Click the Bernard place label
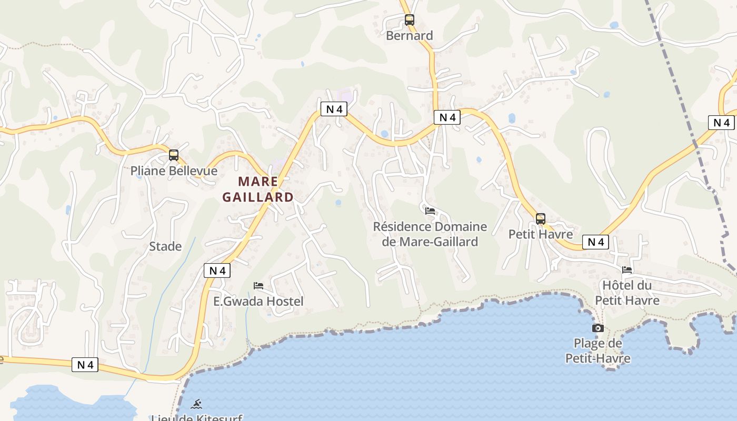410,36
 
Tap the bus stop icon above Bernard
410,20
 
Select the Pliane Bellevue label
174,171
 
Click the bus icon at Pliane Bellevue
174,155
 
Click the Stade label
165,246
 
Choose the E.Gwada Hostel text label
258,302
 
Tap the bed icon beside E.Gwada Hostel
258,286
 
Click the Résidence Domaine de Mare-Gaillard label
430,234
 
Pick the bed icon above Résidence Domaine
430,211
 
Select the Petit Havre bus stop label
541,234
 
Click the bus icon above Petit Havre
541,219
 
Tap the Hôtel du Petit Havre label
627,293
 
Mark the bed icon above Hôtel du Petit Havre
627,270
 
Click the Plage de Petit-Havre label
598,351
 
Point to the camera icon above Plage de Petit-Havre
598,328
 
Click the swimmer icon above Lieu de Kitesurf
196,404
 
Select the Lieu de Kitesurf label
196,418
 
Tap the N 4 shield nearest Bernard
447,117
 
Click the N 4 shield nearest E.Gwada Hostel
217,270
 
